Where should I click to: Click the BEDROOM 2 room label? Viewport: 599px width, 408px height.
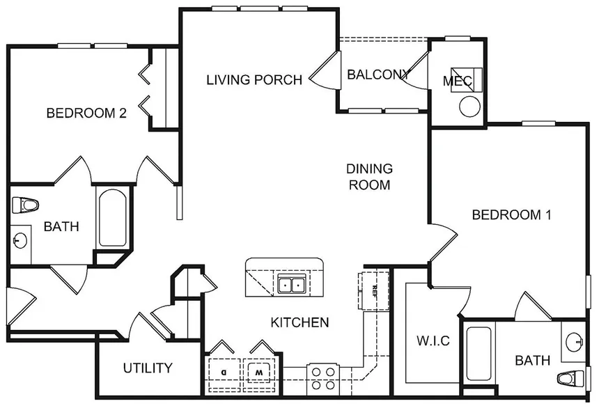pyautogui.click(x=86, y=113)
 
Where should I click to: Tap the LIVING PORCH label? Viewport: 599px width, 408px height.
pyautogui.click(x=254, y=80)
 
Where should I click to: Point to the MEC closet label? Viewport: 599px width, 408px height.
pyautogui.click(x=457, y=81)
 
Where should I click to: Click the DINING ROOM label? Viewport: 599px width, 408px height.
pyautogui.click(x=370, y=177)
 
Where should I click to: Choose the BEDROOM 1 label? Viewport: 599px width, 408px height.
pyautogui.click(x=511, y=215)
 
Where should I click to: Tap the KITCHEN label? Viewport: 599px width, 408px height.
pyautogui.click(x=299, y=322)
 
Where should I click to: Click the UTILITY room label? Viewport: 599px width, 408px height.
pyautogui.click(x=147, y=368)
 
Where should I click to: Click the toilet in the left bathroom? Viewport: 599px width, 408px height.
pyautogui.click(x=26, y=205)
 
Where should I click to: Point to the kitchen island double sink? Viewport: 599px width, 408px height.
pyautogui.click(x=290, y=284)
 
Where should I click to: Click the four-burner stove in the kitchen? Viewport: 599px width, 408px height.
pyautogui.click(x=322, y=378)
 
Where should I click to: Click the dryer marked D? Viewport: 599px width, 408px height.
pyautogui.click(x=224, y=371)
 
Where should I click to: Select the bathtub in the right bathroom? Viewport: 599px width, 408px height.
pyautogui.click(x=480, y=354)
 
